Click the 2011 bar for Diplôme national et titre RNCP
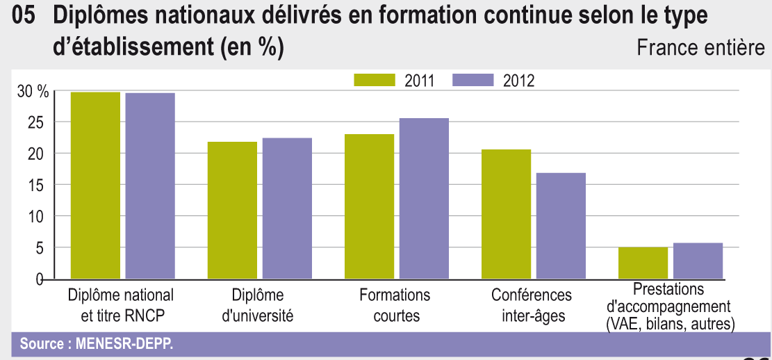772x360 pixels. point(96,186)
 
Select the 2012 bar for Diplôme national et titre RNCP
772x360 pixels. point(150,186)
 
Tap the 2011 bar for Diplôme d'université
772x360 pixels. point(232,211)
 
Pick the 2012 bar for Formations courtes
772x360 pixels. point(424,199)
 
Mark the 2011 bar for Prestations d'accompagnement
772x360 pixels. point(643,263)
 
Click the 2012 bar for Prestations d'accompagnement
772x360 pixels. point(698,261)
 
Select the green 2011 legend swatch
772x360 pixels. point(375,80)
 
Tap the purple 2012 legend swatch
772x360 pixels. point(473,80)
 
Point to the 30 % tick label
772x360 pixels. point(33,91)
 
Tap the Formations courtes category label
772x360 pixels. point(395,305)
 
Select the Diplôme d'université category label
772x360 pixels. point(257,305)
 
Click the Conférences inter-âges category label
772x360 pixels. point(532,305)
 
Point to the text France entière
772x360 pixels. point(700,48)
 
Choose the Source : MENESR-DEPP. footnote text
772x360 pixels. point(97,343)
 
